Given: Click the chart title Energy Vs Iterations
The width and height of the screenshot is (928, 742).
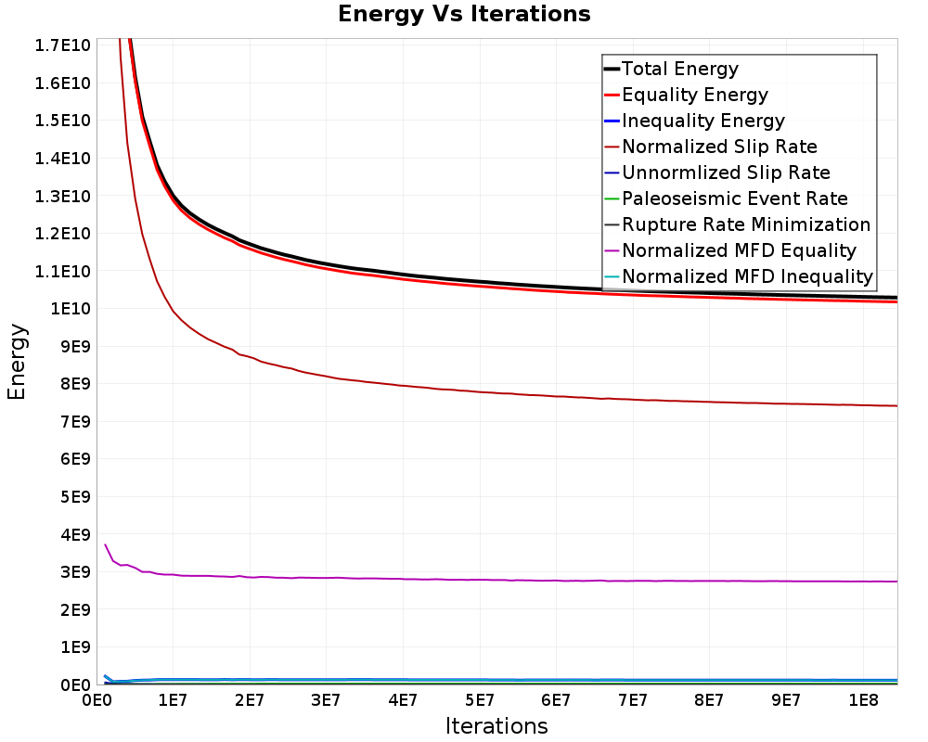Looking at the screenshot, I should [x=464, y=14].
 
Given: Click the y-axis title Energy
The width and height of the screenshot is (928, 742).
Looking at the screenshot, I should [x=17, y=362].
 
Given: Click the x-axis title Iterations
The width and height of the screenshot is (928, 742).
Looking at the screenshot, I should [x=496, y=725].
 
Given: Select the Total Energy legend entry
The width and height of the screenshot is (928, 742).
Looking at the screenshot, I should [x=679, y=69].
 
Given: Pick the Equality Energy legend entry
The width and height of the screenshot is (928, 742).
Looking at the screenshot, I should [x=694, y=95].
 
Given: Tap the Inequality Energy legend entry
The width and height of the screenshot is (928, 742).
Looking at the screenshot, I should [x=702, y=121].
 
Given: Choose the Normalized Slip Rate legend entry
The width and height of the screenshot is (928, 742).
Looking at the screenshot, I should [x=719, y=147].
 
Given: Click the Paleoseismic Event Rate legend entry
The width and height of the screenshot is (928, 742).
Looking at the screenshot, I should [x=734, y=198].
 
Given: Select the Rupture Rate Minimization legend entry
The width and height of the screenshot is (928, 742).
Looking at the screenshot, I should [x=745, y=224].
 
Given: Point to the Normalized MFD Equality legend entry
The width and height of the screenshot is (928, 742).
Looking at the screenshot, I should [x=739, y=250].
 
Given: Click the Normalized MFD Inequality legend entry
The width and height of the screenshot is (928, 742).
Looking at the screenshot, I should [x=747, y=276].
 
